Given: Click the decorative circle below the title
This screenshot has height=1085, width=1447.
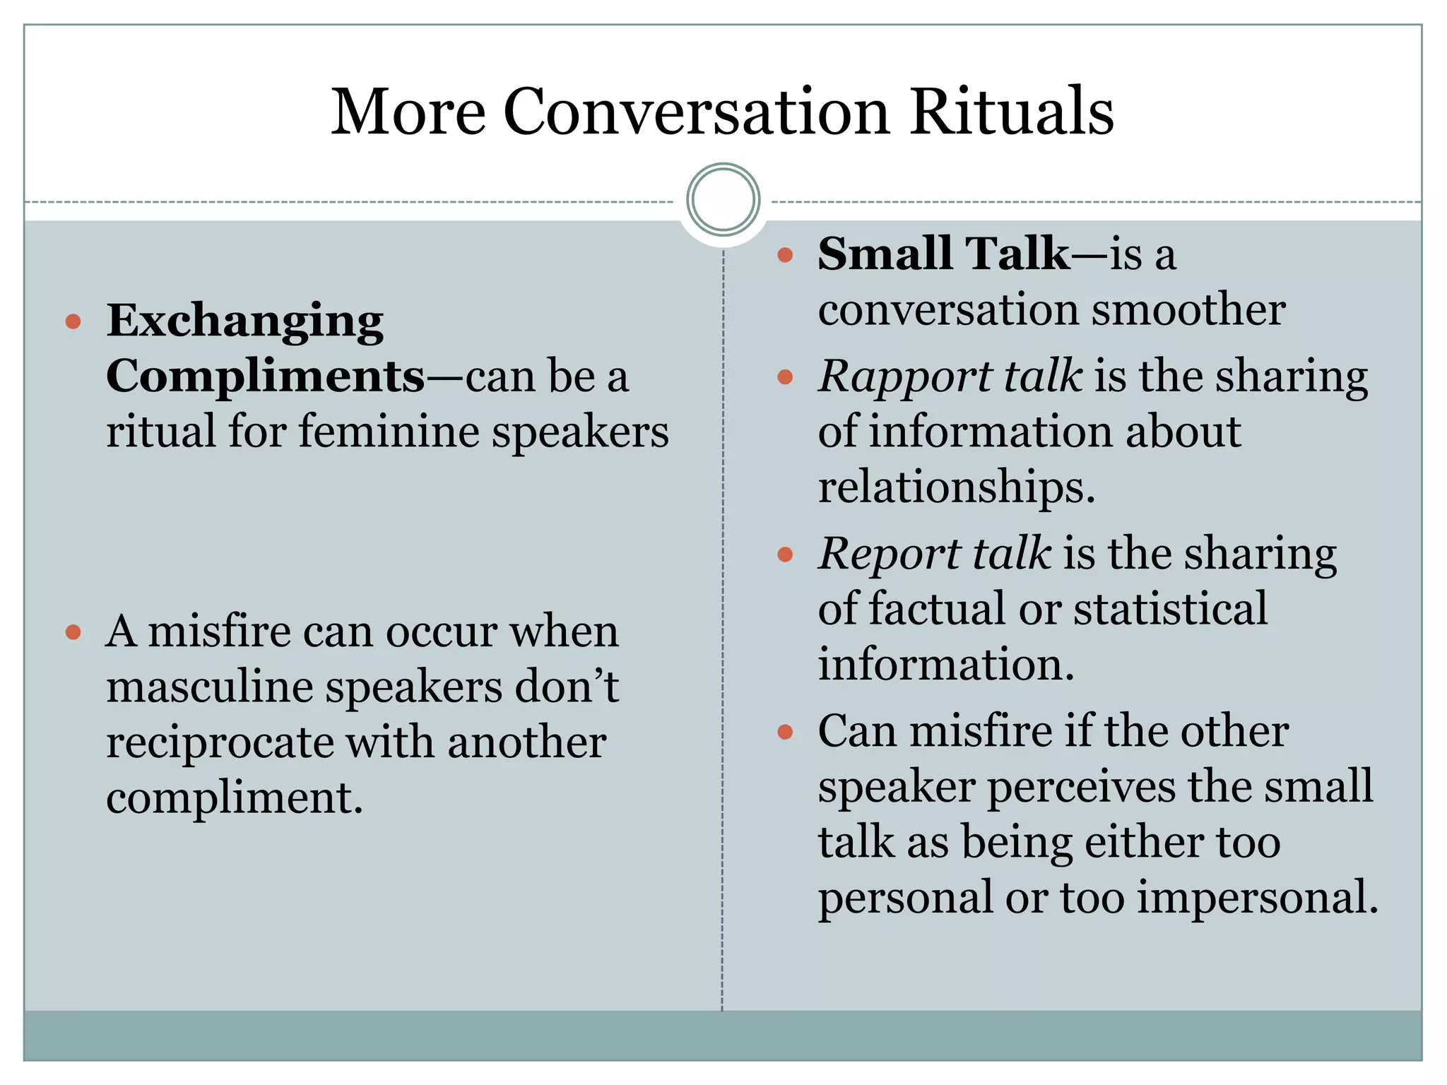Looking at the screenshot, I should [723, 199].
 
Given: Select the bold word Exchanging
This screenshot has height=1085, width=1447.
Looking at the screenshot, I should [244, 321].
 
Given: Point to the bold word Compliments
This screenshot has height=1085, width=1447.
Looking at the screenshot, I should [266, 376].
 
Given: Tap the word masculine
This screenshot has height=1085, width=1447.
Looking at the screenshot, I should [209, 687].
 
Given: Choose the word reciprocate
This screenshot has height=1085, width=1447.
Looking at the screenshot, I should [220, 742].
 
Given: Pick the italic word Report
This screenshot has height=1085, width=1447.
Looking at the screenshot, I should [888, 553].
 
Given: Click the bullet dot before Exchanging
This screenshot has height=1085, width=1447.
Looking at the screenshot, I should [73, 322].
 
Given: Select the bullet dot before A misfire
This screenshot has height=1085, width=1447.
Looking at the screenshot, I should [73, 632].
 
